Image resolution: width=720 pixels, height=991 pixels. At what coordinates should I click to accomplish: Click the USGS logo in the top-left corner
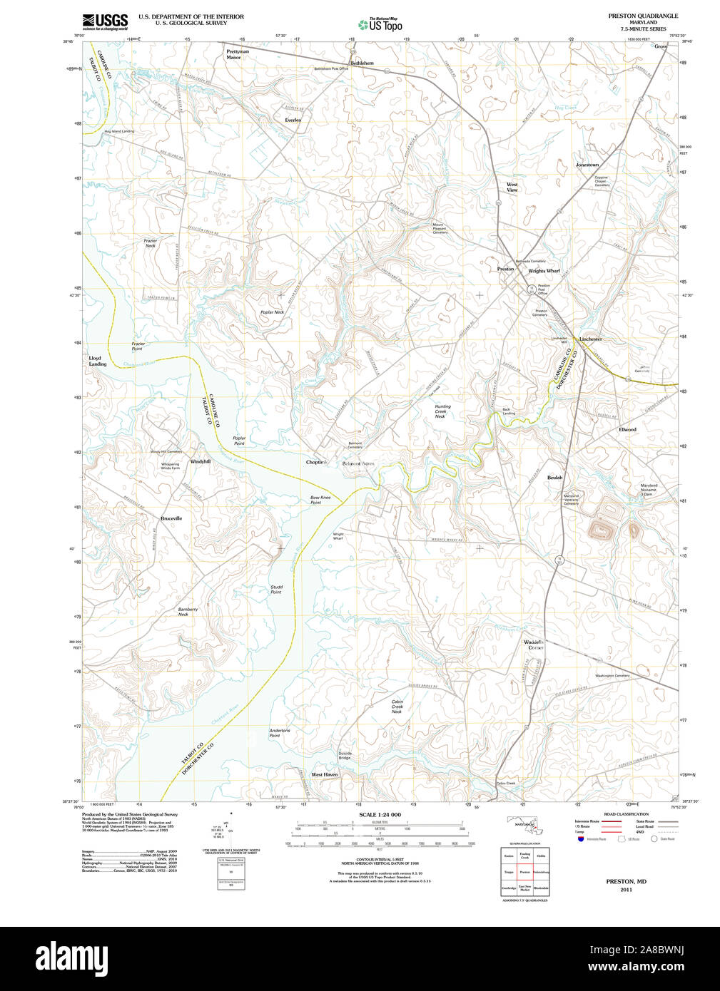click(105, 21)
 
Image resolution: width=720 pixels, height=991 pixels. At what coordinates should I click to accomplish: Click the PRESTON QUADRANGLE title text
click(633, 16)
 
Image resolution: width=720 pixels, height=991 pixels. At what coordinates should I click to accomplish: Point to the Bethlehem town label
click(362, 63)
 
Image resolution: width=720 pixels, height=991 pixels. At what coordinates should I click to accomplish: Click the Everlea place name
click(293, 120)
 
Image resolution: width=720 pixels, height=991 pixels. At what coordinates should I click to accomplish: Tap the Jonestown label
click(587, 165)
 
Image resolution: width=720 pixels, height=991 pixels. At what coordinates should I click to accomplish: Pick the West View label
click(512, 188)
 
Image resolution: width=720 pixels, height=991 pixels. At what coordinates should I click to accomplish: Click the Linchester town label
click(590, 339)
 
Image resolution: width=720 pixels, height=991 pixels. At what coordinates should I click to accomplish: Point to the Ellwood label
click(627, 429)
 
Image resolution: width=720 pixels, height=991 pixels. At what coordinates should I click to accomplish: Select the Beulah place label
click(554, 478)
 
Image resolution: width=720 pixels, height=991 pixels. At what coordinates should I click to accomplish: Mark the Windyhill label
click(200, 461)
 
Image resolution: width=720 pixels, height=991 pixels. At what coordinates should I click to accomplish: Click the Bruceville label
click(171, 518)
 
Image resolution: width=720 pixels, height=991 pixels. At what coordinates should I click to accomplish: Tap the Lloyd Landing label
click(98, 361)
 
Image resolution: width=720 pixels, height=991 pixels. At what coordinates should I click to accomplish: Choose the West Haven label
click(324, 774)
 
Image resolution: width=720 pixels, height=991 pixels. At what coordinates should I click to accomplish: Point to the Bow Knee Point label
click(320, 500)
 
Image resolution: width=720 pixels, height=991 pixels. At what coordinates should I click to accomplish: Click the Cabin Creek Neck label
click(397, 707)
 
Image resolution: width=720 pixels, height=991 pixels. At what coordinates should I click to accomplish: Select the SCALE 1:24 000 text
click(380, 814)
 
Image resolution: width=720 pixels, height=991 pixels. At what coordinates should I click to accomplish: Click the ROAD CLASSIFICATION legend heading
click(626, 813)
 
